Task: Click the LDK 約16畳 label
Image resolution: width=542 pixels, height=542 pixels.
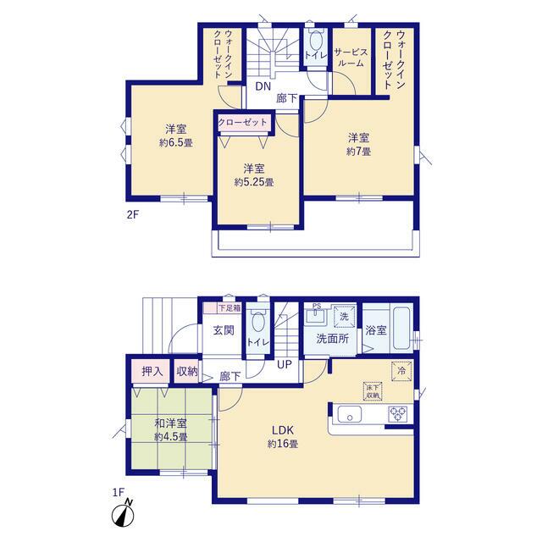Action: pyautogui.click(x=283, y=437)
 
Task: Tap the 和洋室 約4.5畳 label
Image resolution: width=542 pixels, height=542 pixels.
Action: pyautogui.click(x=171, y=429)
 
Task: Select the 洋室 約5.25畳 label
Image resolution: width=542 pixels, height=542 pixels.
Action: pyautogui.click(x=254, y=175)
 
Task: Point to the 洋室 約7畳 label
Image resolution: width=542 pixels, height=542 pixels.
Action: pyautogui.click(x=359, y=145)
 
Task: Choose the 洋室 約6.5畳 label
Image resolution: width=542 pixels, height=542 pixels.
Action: pyautogui.click(x=176, y=135)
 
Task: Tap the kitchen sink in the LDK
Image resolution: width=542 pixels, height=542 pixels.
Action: pyautogui.click(x=350, y=414)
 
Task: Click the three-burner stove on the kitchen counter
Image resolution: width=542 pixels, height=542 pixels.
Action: pyautogui.click(x=398, y=414)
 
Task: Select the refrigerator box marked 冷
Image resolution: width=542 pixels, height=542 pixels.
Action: pyautogui.click(x=401, y=371)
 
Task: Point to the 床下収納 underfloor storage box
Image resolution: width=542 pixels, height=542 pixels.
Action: pyautogui.click(x=373, y=391)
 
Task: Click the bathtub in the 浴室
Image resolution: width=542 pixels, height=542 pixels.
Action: pyautogui.click(x=402, y=329)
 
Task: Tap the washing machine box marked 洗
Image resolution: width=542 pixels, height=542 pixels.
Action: pyautogui.click(x=345, y=316)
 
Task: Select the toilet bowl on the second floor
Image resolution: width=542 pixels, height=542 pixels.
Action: pyautogui.click(x=315, y=41)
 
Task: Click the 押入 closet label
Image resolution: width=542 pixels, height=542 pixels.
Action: pyautogui.click(x=152, y=372)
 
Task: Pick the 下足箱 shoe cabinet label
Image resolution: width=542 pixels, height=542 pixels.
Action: pyautogui.click(x=230, y=308)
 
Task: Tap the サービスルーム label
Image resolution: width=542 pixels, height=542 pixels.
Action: pyautogui.click(x=351, y=58)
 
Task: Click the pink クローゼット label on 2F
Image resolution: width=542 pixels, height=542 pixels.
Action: pyautogui.click(x=243, y=122)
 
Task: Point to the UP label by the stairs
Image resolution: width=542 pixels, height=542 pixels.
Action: pyautogui.click(x=285, y=364)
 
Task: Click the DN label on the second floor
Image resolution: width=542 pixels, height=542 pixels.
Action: pyautogui.click(x=263, y=86)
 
